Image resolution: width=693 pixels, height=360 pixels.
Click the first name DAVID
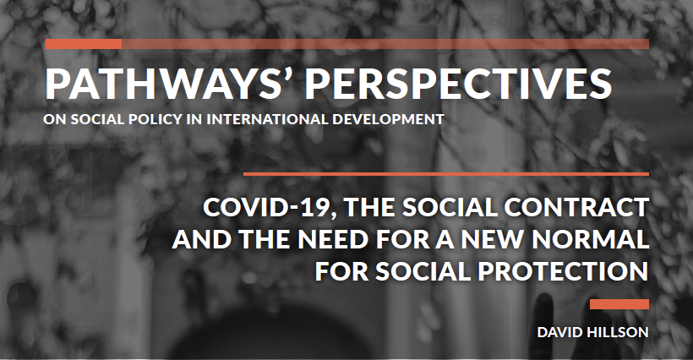click(x=561, y=332)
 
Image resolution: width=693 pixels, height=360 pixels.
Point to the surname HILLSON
click(x=619, y=332)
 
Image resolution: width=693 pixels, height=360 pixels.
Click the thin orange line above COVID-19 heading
click(x=445, y=174)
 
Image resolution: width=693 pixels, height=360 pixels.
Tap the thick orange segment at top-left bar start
click(x=83, y=43)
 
